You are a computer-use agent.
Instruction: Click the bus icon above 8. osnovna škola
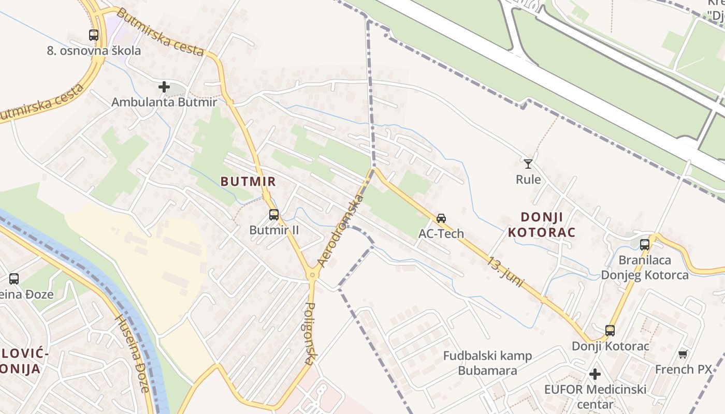pyautogui.click(x=94, y=35)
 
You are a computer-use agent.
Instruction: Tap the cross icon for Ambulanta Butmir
pyautogui.click(x=164, y=87)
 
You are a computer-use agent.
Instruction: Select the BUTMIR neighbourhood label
pyautogui.click(x=248, y=182)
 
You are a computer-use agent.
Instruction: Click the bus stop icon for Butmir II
pyautogui.click(x=274, y=214)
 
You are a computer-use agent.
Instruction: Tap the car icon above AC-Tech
pyautogui.click(x=441, y=218)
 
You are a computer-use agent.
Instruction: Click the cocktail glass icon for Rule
pyautogui.click(x=528, y=164)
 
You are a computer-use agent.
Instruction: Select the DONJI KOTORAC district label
pyautogui.click(x=542, y=224)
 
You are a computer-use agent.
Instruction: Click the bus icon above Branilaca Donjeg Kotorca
pyautogui.click(x=645, y=244)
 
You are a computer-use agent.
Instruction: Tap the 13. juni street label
pyautogui.click(x=505, y=272)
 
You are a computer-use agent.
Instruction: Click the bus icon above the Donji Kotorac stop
pyautogui.click(x=610, y=330)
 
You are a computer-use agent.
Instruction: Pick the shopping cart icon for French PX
pyautogui.click(x=683, y=354)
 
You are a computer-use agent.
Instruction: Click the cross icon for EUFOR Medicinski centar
pyautogui.click(x=595, y=374)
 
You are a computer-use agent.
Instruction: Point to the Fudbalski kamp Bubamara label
pyautogui.click(x=487, y=363)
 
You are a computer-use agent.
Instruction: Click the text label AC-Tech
pyautogui.click(x=441, y=233)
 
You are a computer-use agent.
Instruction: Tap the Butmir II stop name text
pyautogui.click(x=274, y=230)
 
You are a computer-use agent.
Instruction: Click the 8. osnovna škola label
pyautogui.click(x=94, y=51)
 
